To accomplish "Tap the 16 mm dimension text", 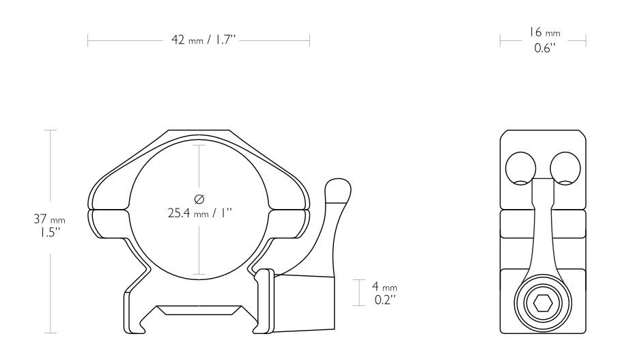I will tap(544, 33).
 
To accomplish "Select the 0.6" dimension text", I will tap(544, 49).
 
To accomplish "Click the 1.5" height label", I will tap(43, 232).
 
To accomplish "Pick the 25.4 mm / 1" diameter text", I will tap(200, 212).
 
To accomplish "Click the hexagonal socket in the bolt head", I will tap(544, 304).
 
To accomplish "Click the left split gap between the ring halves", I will tap(109, 209).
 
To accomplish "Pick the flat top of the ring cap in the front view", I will tap(199, 132).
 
